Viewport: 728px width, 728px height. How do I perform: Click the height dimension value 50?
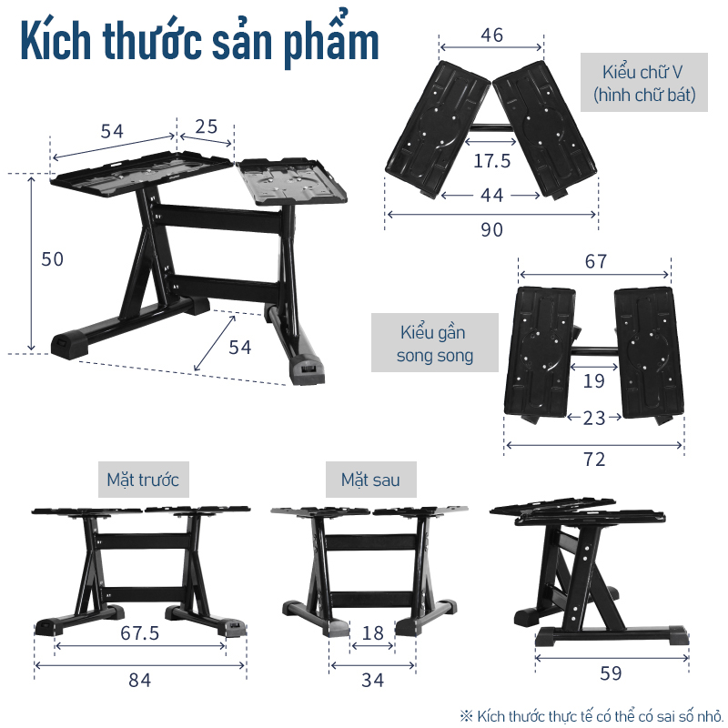point(52,259)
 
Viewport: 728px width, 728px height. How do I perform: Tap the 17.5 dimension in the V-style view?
point(491,161)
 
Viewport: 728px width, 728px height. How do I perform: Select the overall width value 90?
point(491,230)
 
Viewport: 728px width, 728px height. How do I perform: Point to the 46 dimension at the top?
point(491,35)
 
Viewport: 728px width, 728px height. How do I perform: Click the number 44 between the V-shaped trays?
point(491,196)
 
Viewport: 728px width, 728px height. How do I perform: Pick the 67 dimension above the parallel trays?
point(596,261)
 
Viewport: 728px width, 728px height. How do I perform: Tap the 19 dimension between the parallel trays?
point(594,381)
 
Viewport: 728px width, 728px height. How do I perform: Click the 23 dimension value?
point(594,419)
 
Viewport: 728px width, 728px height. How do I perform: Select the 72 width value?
point(594,460)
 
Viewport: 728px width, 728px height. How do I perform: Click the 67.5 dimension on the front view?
point(140,632)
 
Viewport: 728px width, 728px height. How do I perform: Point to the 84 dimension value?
point(140,680)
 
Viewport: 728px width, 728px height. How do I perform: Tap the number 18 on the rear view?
point(372,632)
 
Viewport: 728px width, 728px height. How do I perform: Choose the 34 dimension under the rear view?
point(372,680)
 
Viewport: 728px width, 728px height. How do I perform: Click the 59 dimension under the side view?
point(611,673)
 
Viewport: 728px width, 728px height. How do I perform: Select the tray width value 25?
point(207,126)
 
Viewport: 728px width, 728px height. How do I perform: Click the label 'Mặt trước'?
point(144,480)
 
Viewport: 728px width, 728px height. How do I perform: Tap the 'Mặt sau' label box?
point(371,480)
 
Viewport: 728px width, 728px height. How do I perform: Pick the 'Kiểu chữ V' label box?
point(644,83)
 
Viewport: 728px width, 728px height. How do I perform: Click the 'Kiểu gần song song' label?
point(435,343)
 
